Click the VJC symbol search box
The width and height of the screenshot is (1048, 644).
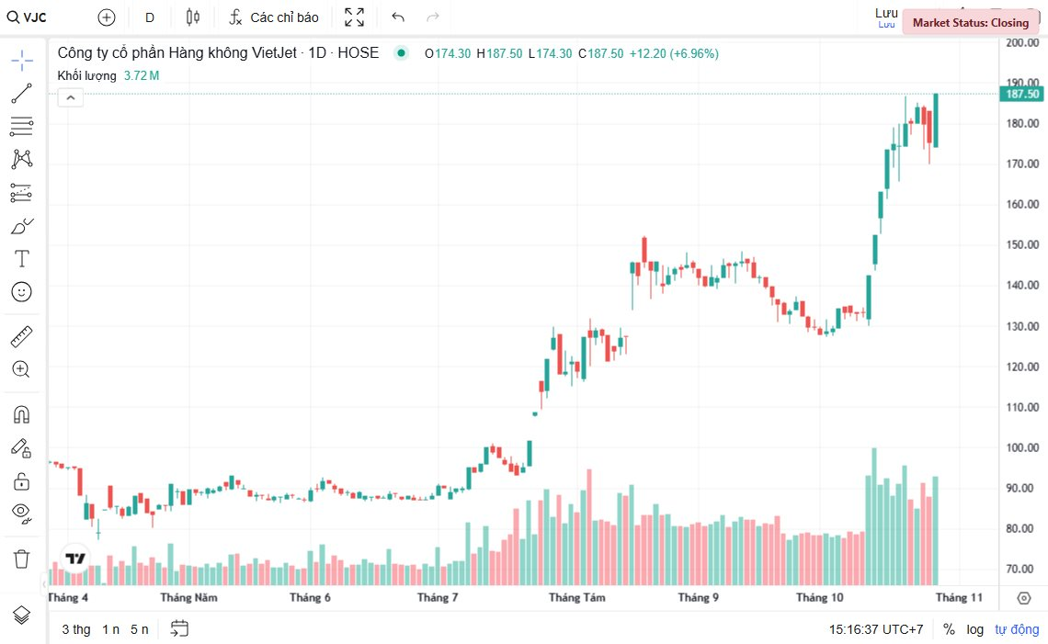[28, 17]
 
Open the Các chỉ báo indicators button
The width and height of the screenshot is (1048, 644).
[274, 17]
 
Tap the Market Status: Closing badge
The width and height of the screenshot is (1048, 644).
[970, 23]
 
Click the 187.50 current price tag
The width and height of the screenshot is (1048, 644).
[1022, 94]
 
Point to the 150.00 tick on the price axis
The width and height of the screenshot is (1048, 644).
[1022, 244]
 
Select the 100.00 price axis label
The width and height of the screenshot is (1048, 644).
[1022, 447]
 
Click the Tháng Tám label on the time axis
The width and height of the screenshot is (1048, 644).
[577, 598]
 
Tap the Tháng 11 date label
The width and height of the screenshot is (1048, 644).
[959, 598]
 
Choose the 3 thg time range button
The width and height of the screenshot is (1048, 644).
[76, 629]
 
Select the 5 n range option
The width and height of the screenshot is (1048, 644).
[139, 629]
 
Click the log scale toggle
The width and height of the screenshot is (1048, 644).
[974, 629]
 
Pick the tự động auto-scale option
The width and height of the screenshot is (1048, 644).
[1017, 629]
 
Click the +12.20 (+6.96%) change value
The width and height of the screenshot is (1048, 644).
[674, 53]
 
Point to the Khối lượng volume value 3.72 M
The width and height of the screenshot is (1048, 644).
[142, 75]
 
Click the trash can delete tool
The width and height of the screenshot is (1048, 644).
[22, 558]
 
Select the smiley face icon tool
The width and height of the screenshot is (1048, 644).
[22, 292]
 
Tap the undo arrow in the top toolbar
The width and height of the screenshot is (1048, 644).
[398, 17]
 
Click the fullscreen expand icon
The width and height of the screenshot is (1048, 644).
[354, 17]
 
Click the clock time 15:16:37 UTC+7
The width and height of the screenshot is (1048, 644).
[876, 629]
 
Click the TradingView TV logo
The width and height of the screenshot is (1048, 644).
[75, 558]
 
